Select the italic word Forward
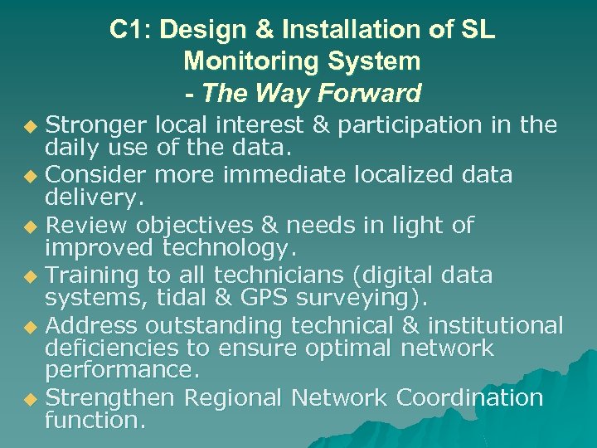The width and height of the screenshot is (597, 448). pyautogui.click(x=371, y=93)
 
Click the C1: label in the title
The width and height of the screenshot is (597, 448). pyautogui.click(x=131, y=30)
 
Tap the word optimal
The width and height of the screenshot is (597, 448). pyautogui.click(x=342, y=348)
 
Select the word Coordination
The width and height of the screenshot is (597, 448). pyautogui.click(x=470, y=397)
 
